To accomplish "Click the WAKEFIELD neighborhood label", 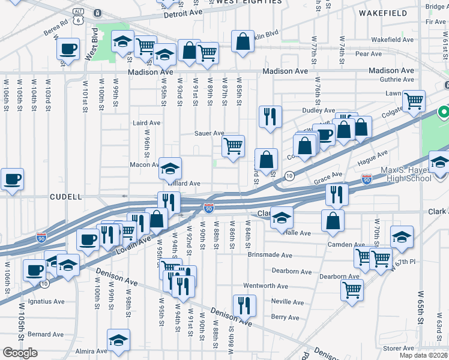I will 387,12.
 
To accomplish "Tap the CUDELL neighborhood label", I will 65,196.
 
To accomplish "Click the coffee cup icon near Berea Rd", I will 68,49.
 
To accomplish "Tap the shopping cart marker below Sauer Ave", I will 233,146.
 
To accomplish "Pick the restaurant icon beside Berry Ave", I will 244,305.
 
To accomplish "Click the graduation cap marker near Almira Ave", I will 119,340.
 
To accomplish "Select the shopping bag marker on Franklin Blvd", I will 243,42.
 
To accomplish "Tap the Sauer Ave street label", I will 208,133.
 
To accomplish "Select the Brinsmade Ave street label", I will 270,254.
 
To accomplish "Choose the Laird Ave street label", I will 146,122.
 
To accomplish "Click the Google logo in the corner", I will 20,353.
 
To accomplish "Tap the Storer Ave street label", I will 399,348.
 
